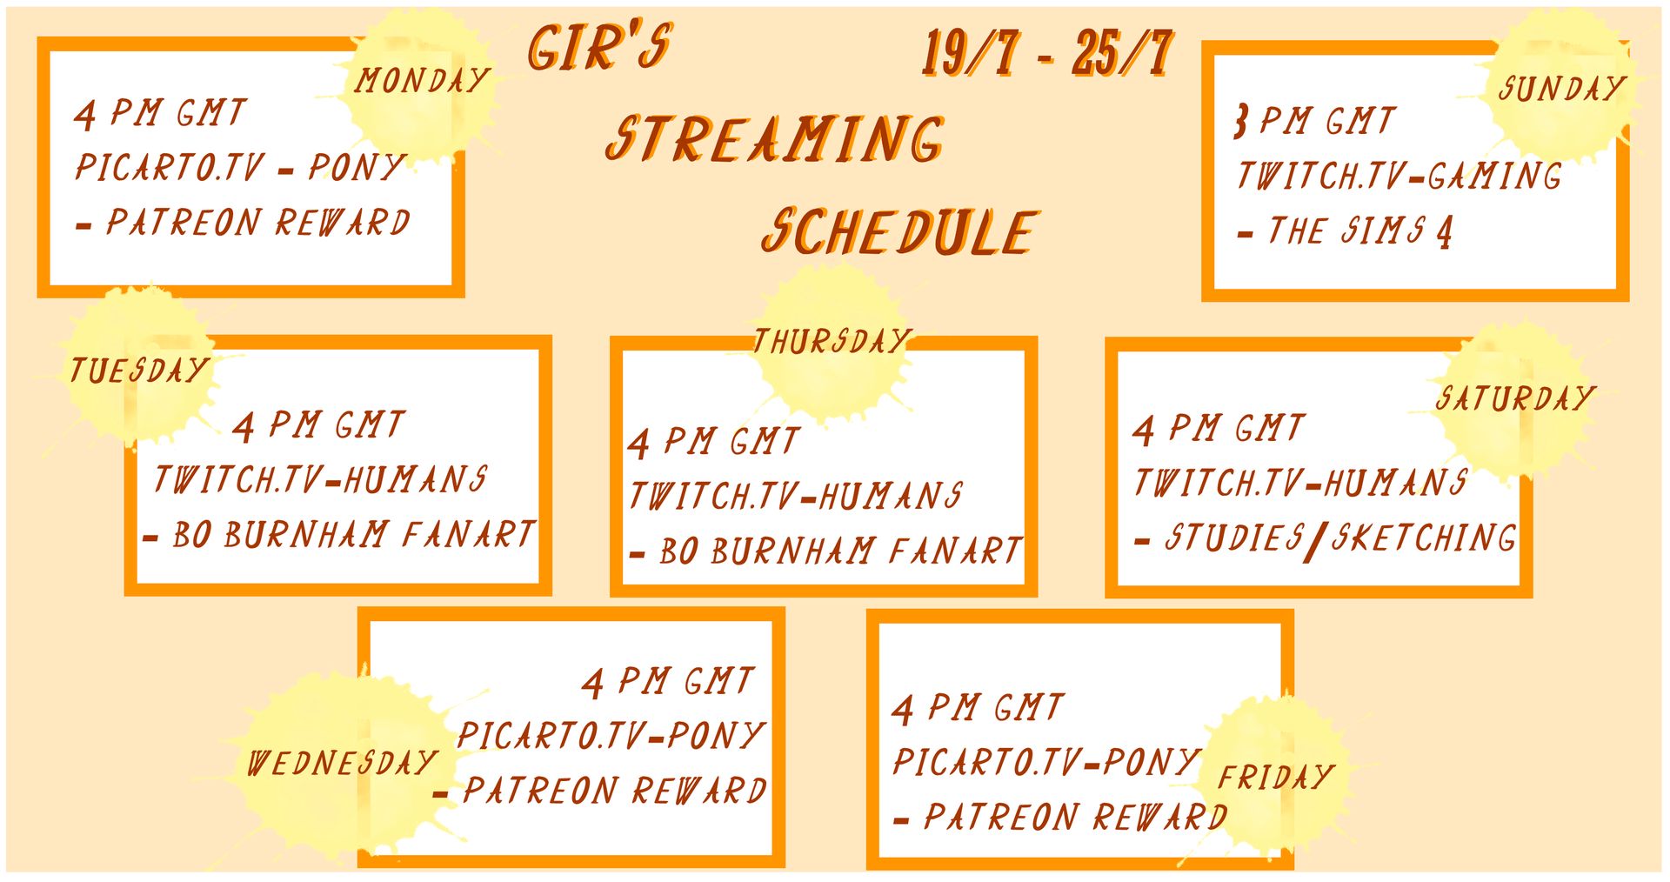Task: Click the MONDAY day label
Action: coord(422,80)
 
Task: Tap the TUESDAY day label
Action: coord(138,371)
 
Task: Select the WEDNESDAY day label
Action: coord(342,763)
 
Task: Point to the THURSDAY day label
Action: coord(832,341)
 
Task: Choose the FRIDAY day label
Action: coord(1276,776)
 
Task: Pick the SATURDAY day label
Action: coord(1515,398)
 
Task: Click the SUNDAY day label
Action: coord(1562,88)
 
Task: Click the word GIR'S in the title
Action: coord(599,47)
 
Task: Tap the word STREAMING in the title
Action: coord(775,139)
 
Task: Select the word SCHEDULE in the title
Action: coord(899,231)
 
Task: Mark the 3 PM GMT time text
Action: coord(1315,121)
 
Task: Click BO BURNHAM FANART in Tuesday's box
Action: coord(353,534)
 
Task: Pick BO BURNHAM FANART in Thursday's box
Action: coord(840,551)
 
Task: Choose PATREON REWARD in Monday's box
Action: coord(257,222)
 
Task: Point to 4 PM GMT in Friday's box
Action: coord(978,708)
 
